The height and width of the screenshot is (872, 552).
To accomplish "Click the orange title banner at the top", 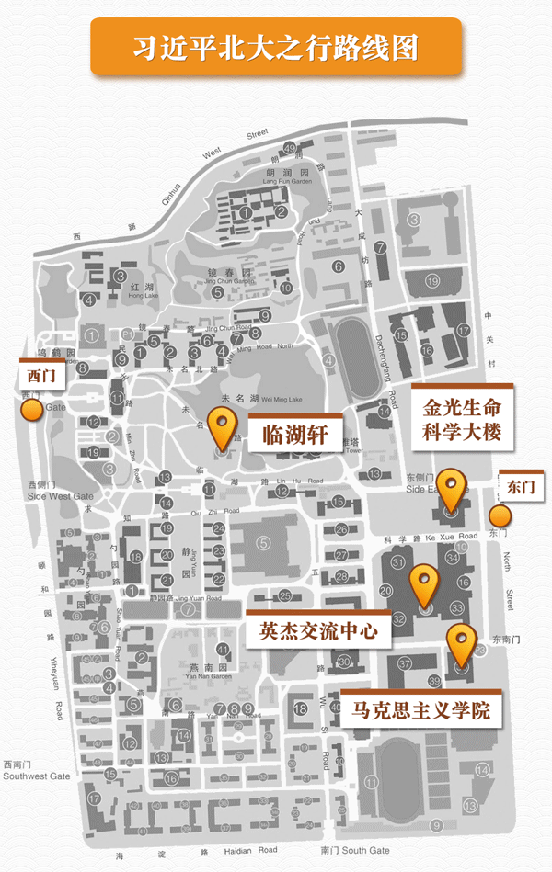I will point(275,46).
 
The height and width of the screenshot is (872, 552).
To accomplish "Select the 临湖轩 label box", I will point(289,431).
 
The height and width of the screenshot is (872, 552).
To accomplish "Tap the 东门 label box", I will point(521,487).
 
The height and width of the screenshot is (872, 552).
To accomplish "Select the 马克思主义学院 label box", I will point(420,709).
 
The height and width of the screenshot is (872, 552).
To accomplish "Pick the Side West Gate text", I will point(49,496).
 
